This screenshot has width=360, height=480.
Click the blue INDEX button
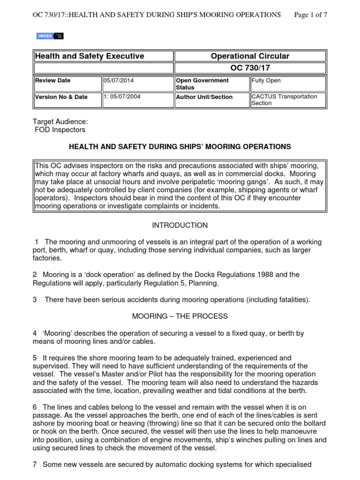[x=50, y=36]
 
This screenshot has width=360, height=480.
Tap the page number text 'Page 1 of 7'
[x=310, y=15]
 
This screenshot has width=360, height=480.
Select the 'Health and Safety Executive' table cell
[x=90, y=56]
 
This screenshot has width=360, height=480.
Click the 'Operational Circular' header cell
[x=250, y=56]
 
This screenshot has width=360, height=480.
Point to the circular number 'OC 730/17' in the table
[x=250, y=68]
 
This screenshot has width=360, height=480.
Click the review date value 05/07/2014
[x=119, y=81]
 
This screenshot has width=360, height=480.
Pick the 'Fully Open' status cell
[x=266, y=81]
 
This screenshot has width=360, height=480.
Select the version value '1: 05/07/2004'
[x=122, y=97]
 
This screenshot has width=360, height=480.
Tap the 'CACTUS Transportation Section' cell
[x=284, y=100]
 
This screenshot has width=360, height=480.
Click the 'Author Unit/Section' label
[x=204, y=97]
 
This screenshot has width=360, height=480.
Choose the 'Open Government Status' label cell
[x=202, y=84]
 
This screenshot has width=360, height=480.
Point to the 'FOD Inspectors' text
[x=60, y=130]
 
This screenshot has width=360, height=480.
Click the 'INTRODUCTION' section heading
[x=180, y=225]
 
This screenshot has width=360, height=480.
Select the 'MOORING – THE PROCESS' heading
[x=180, y=316]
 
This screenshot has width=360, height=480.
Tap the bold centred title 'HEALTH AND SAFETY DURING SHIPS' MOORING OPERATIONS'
[x=180, y=147]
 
